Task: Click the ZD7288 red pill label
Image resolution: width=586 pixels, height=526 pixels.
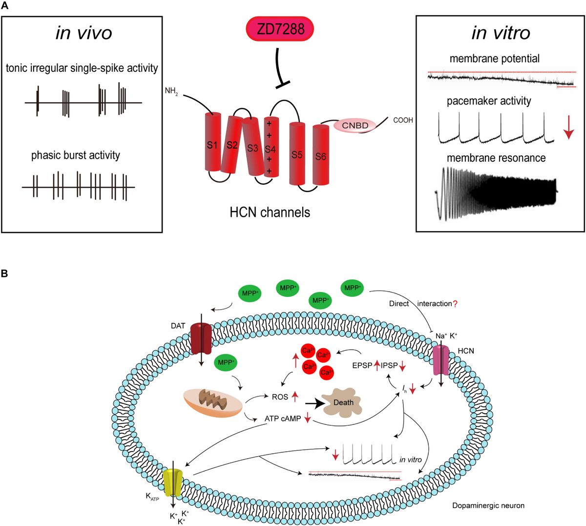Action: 279,29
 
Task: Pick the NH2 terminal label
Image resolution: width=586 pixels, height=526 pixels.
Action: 171,91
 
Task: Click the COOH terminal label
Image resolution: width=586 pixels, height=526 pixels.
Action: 403,120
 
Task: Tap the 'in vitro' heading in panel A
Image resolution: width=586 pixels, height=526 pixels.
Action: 501,33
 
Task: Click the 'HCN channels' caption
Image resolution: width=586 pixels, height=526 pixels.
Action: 270,212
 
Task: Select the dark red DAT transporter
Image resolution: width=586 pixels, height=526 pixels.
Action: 201,338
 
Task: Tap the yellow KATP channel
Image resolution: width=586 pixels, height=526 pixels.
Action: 172,483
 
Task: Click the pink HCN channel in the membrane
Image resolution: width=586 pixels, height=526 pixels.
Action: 441,360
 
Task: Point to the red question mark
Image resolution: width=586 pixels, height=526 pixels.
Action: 455,304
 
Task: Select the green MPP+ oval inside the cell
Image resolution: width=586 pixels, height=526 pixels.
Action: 225,363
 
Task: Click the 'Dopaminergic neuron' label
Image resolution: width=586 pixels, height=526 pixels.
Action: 488,505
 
